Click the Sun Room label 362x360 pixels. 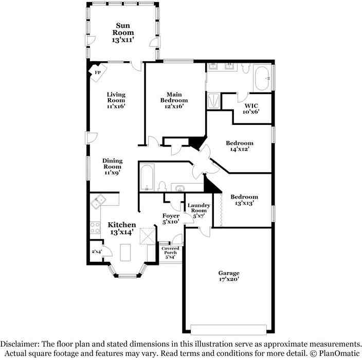[x=123, y=32]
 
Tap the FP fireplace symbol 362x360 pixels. [x=98, y=73]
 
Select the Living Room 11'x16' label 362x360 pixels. [x=116, y=100]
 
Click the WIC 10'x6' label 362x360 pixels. [x=251, y=109]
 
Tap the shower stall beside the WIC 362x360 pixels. [x=213, y=101]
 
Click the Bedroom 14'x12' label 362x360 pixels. [x=240, y=146]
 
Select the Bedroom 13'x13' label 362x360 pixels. [x=244, y=200]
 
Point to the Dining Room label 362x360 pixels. [x=113, y=167]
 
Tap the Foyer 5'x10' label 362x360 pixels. [x=171, y=219]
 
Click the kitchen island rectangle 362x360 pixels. [x=125, y=253]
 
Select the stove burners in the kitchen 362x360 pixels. [x=95, y=228]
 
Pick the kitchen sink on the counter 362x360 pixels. [x=99, y=201]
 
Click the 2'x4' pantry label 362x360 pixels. [x=97, y=251]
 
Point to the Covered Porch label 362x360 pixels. [x=170, y=253]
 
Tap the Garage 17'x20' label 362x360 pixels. [x=229, y=276]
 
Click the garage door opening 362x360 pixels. [x=228, y=330]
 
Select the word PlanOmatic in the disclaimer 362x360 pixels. [x=339, y=353]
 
